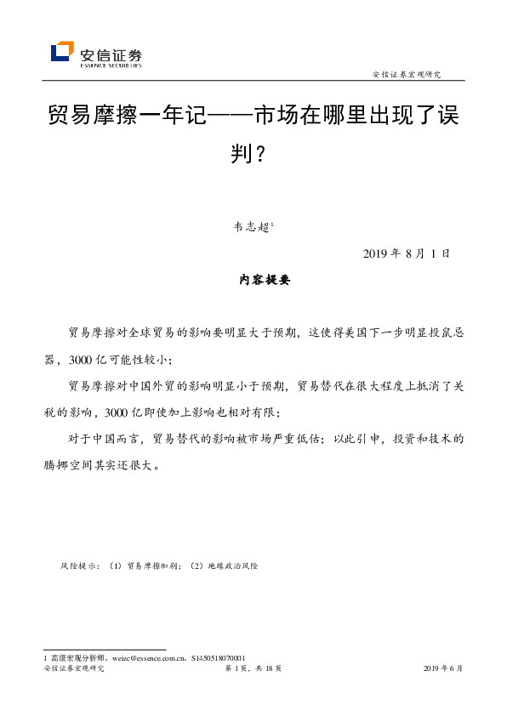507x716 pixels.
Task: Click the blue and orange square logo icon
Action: pos(62,52)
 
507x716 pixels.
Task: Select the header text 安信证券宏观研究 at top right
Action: pos(407,74)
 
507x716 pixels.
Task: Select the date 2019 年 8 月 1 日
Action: pos(405,253)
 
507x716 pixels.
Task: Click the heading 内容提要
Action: pos(253,281)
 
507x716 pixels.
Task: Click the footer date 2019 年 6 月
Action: pos(442,669)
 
